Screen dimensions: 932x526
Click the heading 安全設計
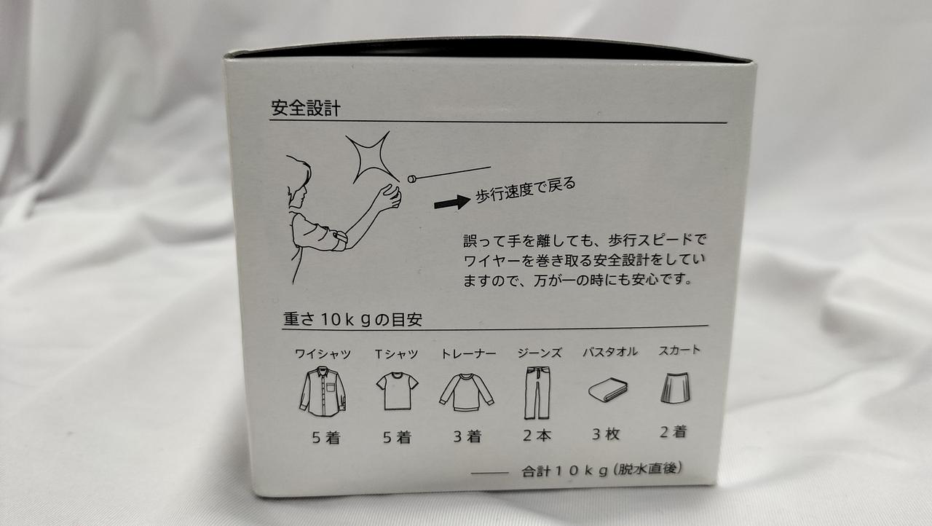[x=306, y=108]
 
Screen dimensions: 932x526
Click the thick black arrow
[x=452, y=203]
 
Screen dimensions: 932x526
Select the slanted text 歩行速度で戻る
[x=526, y=191]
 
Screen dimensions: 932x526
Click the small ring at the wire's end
[x=412, y=179]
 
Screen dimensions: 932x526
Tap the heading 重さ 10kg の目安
[x=353, y=319]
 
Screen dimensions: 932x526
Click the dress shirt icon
[x=323, y=391]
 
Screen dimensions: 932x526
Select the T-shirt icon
[x=397, y=390]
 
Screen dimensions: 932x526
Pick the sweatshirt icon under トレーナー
[x=467, y=392]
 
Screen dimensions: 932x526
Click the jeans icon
[x=537, y=393]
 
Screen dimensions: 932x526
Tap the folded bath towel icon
[x=608, y=390]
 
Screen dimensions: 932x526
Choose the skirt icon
[x=675, y=388]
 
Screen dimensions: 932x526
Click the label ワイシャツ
[x=323, y=354]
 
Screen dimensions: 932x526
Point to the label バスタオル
[x=610, y=353]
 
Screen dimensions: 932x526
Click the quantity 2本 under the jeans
[x=537, y=435]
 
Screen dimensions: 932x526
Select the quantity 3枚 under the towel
[x=607, y=434]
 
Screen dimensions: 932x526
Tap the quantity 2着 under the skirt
[x=674, y=431]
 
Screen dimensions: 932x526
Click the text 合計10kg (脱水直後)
[x=602, y=470]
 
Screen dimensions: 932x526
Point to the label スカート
[x=679, y=350]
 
